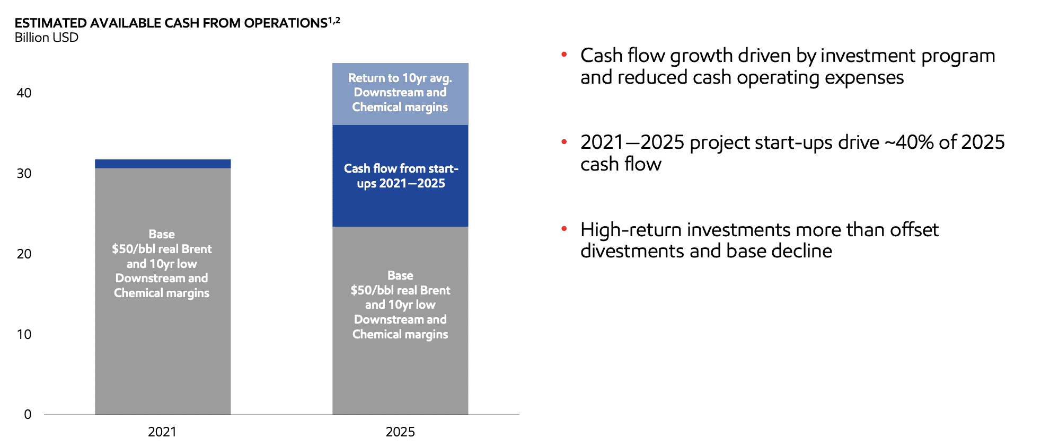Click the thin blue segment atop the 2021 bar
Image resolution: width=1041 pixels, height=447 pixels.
[163, 164]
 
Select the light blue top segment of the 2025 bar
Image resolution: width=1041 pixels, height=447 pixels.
[400, 94]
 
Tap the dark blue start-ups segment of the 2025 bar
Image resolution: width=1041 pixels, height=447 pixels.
[400, 176]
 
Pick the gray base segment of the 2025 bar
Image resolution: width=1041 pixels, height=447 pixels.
[400, 320]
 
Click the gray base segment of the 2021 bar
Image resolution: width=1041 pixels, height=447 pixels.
[163, 291]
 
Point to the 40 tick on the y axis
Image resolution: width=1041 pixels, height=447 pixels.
[24, 93]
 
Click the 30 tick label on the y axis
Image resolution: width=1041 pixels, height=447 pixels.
[24, 174]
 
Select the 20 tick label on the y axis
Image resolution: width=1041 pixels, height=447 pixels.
[24, 254]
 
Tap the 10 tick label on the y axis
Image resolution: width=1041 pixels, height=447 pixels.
[24, 335]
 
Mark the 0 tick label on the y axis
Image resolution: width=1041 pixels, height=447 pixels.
[28, 415]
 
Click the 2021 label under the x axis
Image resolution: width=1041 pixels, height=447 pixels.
[162, 432]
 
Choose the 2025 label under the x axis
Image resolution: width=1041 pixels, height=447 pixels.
[400, 432]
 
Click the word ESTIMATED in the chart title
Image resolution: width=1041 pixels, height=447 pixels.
[51, 23]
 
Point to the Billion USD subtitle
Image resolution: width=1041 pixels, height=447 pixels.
[47, 38]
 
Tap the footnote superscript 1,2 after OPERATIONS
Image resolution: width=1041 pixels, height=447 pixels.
[334, 20]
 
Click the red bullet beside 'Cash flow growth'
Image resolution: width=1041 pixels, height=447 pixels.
[564, 55]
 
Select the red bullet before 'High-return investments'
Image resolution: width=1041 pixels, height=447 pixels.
[564, 229]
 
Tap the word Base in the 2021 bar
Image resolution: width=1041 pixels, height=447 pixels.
[162, 234]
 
